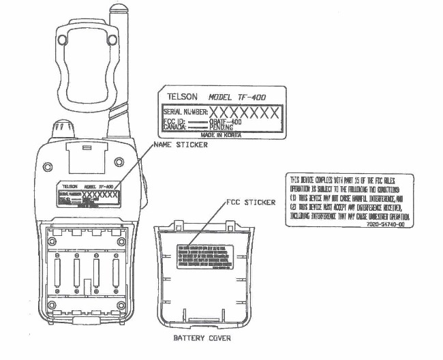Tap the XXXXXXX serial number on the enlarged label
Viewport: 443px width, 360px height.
coord(243,111)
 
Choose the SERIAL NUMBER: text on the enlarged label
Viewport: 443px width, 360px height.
coord(185,112)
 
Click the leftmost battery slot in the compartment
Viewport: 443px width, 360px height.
coord(59,272)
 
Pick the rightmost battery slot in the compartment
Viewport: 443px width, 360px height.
coord(111,272)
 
